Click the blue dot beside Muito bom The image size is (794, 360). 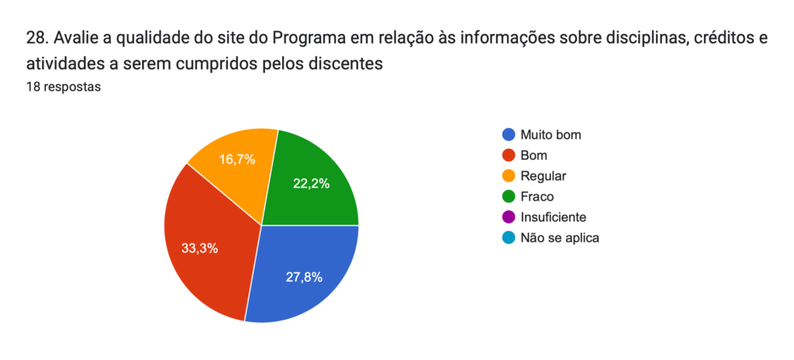(x=509, y=134)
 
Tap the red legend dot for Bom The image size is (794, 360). (x=509, y=155)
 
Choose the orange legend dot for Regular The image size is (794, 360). (x=509, y=176)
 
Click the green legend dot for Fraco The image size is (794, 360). (x=509, y=196)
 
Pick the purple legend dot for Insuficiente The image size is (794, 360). (x=509, y=217)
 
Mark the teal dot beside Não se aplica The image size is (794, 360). (x=509, y=238)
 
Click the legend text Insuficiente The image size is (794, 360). (x=554, y=217)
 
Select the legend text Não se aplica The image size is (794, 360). (x=560, y=238)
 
